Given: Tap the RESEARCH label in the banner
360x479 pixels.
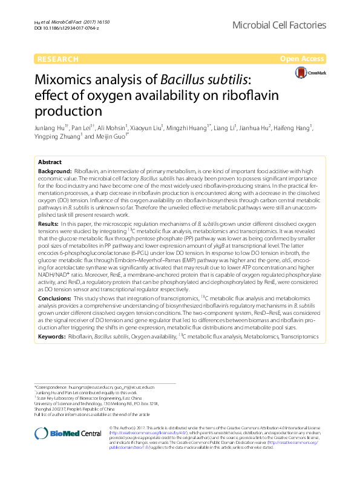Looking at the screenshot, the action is point(58,59).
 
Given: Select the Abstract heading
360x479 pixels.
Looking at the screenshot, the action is point(50,163).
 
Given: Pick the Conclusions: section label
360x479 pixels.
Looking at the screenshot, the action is point(58,299).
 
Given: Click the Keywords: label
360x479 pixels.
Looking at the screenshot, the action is point(52,335).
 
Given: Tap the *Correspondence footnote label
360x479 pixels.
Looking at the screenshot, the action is point(52,386).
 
